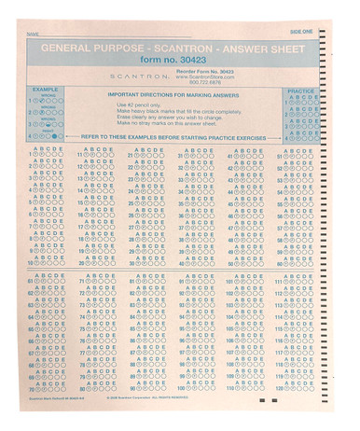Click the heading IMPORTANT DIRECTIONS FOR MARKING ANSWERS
[173, 94]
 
